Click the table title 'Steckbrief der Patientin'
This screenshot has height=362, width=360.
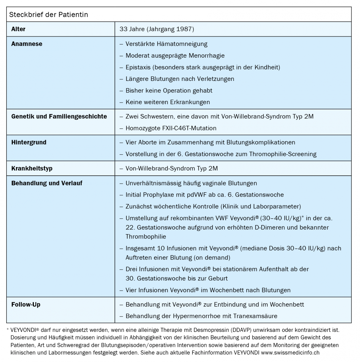(x=48, y=15)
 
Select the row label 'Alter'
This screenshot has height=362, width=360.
(x=18, y=29)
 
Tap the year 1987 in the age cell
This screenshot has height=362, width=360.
(x=184, y=29)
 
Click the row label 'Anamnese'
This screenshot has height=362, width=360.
(x=27, y=44)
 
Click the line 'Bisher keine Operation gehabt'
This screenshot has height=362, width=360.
(x=169, y=90)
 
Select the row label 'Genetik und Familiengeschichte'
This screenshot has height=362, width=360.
(x=59, y=116)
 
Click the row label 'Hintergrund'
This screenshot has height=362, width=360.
(x=29, y=143)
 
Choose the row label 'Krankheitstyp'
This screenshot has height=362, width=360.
(x=32, y=169)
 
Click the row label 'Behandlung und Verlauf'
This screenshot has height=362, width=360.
(x=47, y=183)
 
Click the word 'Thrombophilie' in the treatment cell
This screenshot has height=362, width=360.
(x=146, y=237)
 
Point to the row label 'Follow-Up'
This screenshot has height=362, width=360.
(x=26, y=305)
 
